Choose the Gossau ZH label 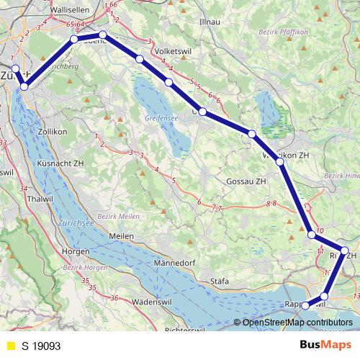click(246, 181)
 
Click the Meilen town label click(121, 236)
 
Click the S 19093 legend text click(41, 345)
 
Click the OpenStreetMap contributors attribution click(296, 323)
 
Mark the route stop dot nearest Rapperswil click(306, 305)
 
